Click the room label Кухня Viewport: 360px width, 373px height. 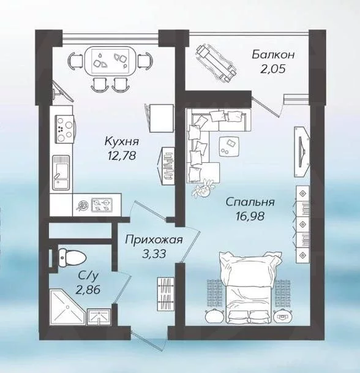(x=121, y=142)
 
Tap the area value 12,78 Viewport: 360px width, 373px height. (x=122, y=156)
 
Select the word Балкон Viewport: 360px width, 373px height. (x=273, y=55)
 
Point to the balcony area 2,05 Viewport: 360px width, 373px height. (x=272, y=69)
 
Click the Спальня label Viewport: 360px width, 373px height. (x=250, y=202)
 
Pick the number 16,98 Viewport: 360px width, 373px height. (x=250, y=216)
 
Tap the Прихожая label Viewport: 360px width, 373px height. (x=154, y=240)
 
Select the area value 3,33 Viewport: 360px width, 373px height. (x=154, y=254)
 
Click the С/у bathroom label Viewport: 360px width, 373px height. (x=88, y=276)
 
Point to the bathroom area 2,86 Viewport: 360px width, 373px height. (x=88, y=290)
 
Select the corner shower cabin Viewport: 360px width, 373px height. (x=67, y=307)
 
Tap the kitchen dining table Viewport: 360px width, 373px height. (x=110, y=61)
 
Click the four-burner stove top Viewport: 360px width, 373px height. (x=64, y=129)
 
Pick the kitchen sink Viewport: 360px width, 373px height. (x=61, y=173)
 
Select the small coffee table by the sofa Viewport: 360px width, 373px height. (x=228, y=146)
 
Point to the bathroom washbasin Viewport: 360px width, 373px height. (x=99, y=317)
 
